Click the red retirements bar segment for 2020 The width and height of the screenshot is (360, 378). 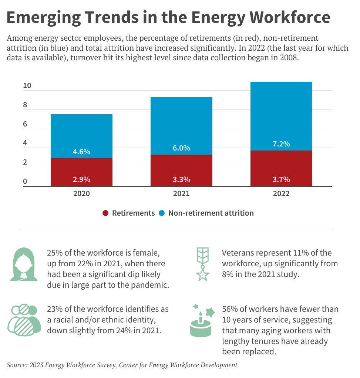81,172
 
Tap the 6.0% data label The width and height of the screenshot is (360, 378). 181,148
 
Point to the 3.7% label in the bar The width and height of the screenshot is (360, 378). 281,179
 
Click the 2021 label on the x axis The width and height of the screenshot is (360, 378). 181,193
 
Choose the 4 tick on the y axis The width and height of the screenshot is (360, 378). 25,143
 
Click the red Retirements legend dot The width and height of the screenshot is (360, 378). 105,213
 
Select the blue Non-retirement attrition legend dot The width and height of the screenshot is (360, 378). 162,213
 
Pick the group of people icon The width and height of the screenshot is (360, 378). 24,319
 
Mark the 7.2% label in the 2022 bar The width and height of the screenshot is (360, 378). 281,144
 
